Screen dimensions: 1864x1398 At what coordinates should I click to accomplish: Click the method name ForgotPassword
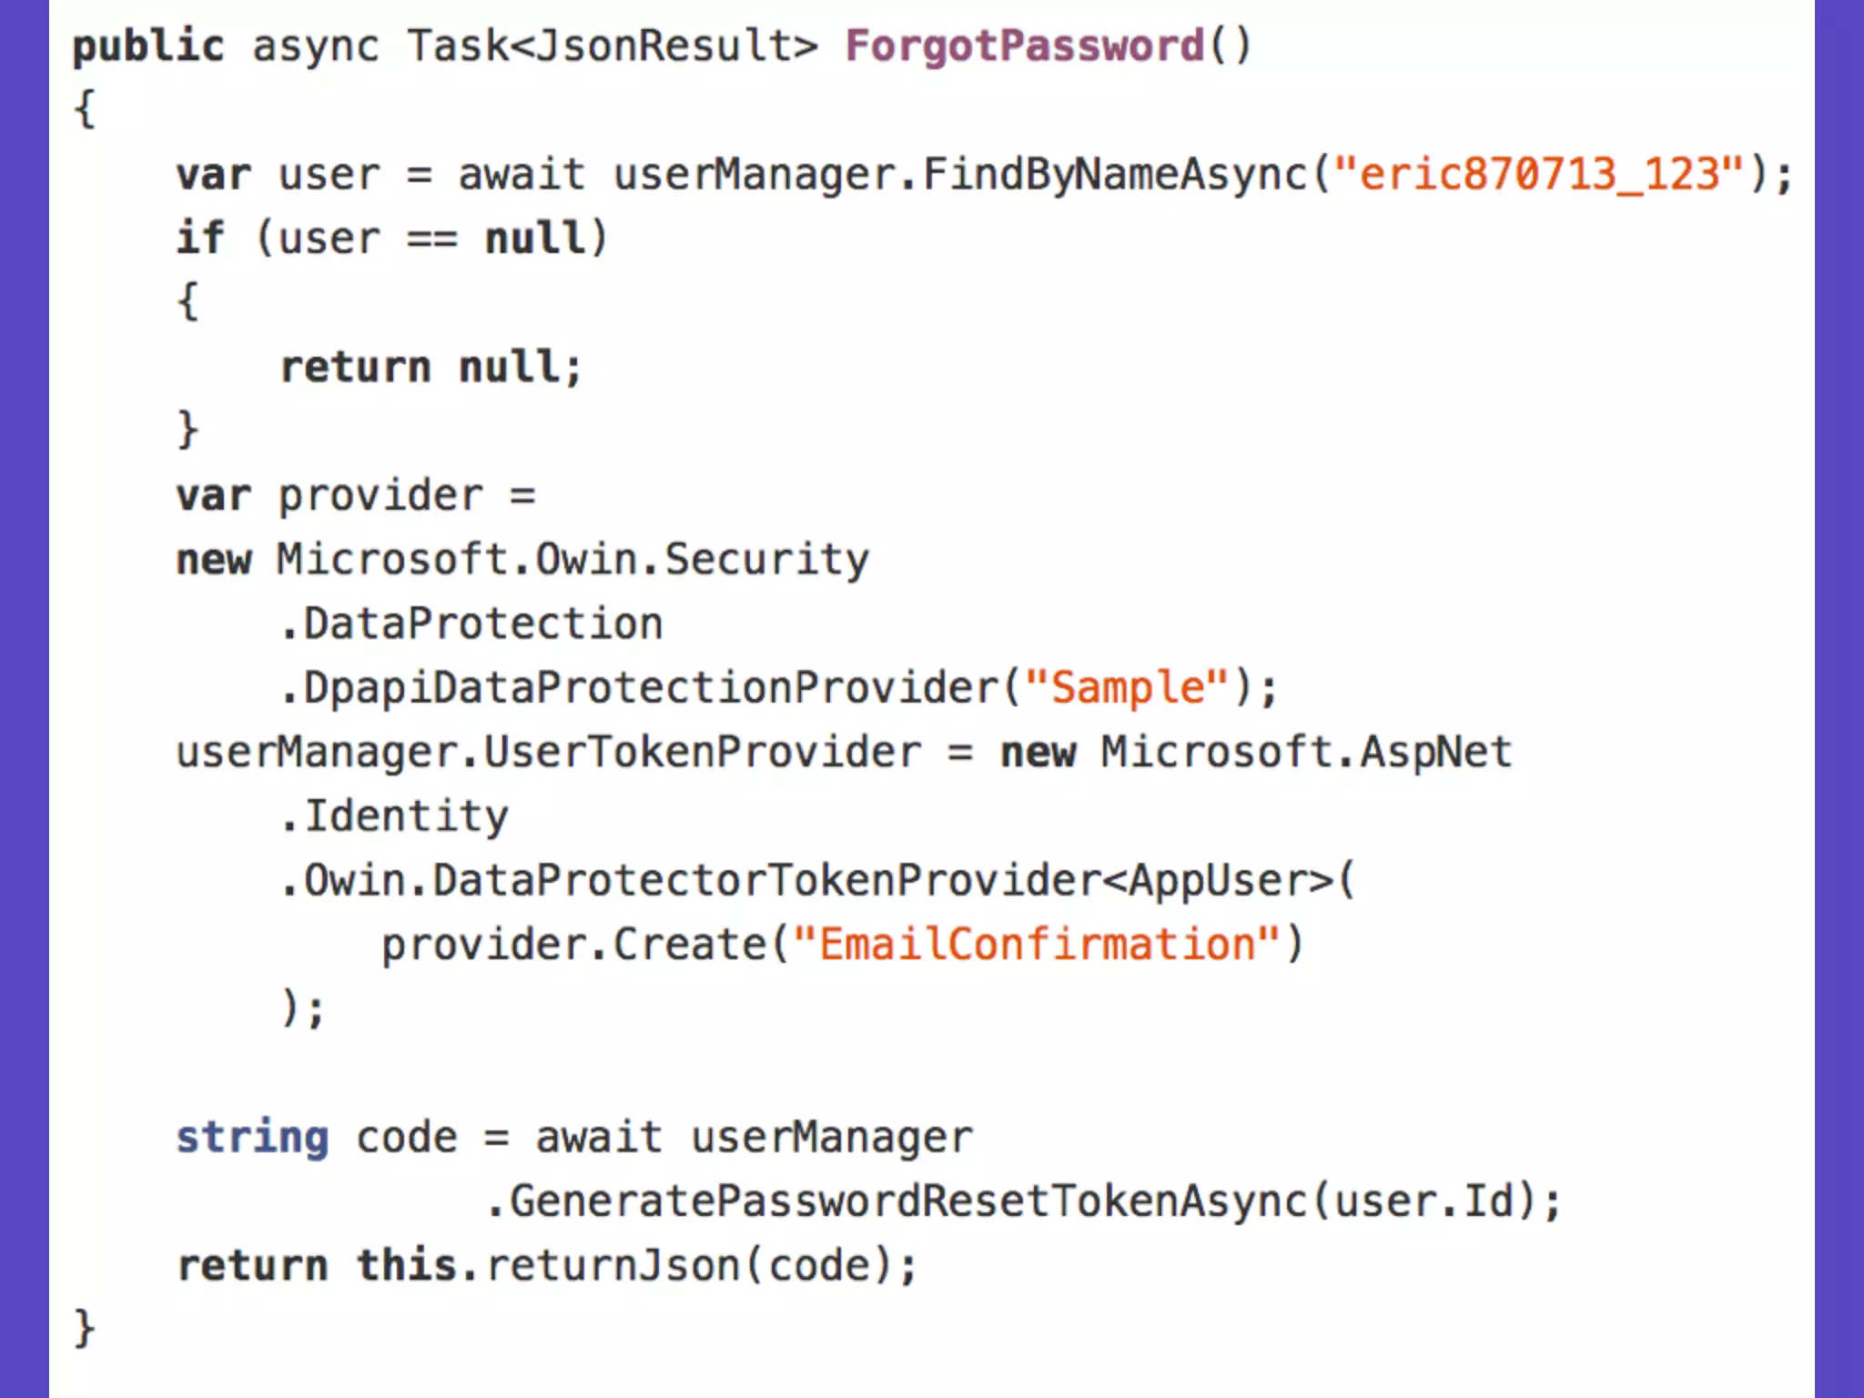point(1024,46)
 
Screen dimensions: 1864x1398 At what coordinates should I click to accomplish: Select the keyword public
point(147,46)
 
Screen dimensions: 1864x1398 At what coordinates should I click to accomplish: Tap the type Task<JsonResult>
point(612,46)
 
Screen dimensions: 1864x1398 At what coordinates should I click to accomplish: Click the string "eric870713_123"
point(1538,174)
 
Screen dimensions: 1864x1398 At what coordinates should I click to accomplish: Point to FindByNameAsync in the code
point(1114,174)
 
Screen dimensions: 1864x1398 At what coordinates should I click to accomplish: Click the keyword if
point(199,238)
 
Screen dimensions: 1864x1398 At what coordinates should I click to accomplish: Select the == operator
point(431,238)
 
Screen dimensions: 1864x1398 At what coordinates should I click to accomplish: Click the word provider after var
point(380,496)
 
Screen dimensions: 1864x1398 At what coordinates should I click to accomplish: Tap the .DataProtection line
point(471,624)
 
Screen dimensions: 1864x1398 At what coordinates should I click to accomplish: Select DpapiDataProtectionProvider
point(651,688)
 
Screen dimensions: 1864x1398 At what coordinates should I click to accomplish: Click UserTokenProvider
point(702,753)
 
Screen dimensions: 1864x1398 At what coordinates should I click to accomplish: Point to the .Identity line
point(394,816)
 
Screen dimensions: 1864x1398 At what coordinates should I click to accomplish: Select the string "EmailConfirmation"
point(1037,945)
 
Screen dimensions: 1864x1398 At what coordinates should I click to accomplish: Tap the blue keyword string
point(252,1138)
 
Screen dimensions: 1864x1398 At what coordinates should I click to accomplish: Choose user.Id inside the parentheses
point(1423,1201)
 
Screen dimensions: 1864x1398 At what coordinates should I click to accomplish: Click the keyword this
point(406,1266)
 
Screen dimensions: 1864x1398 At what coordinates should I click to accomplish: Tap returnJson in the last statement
point(612,1266)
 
